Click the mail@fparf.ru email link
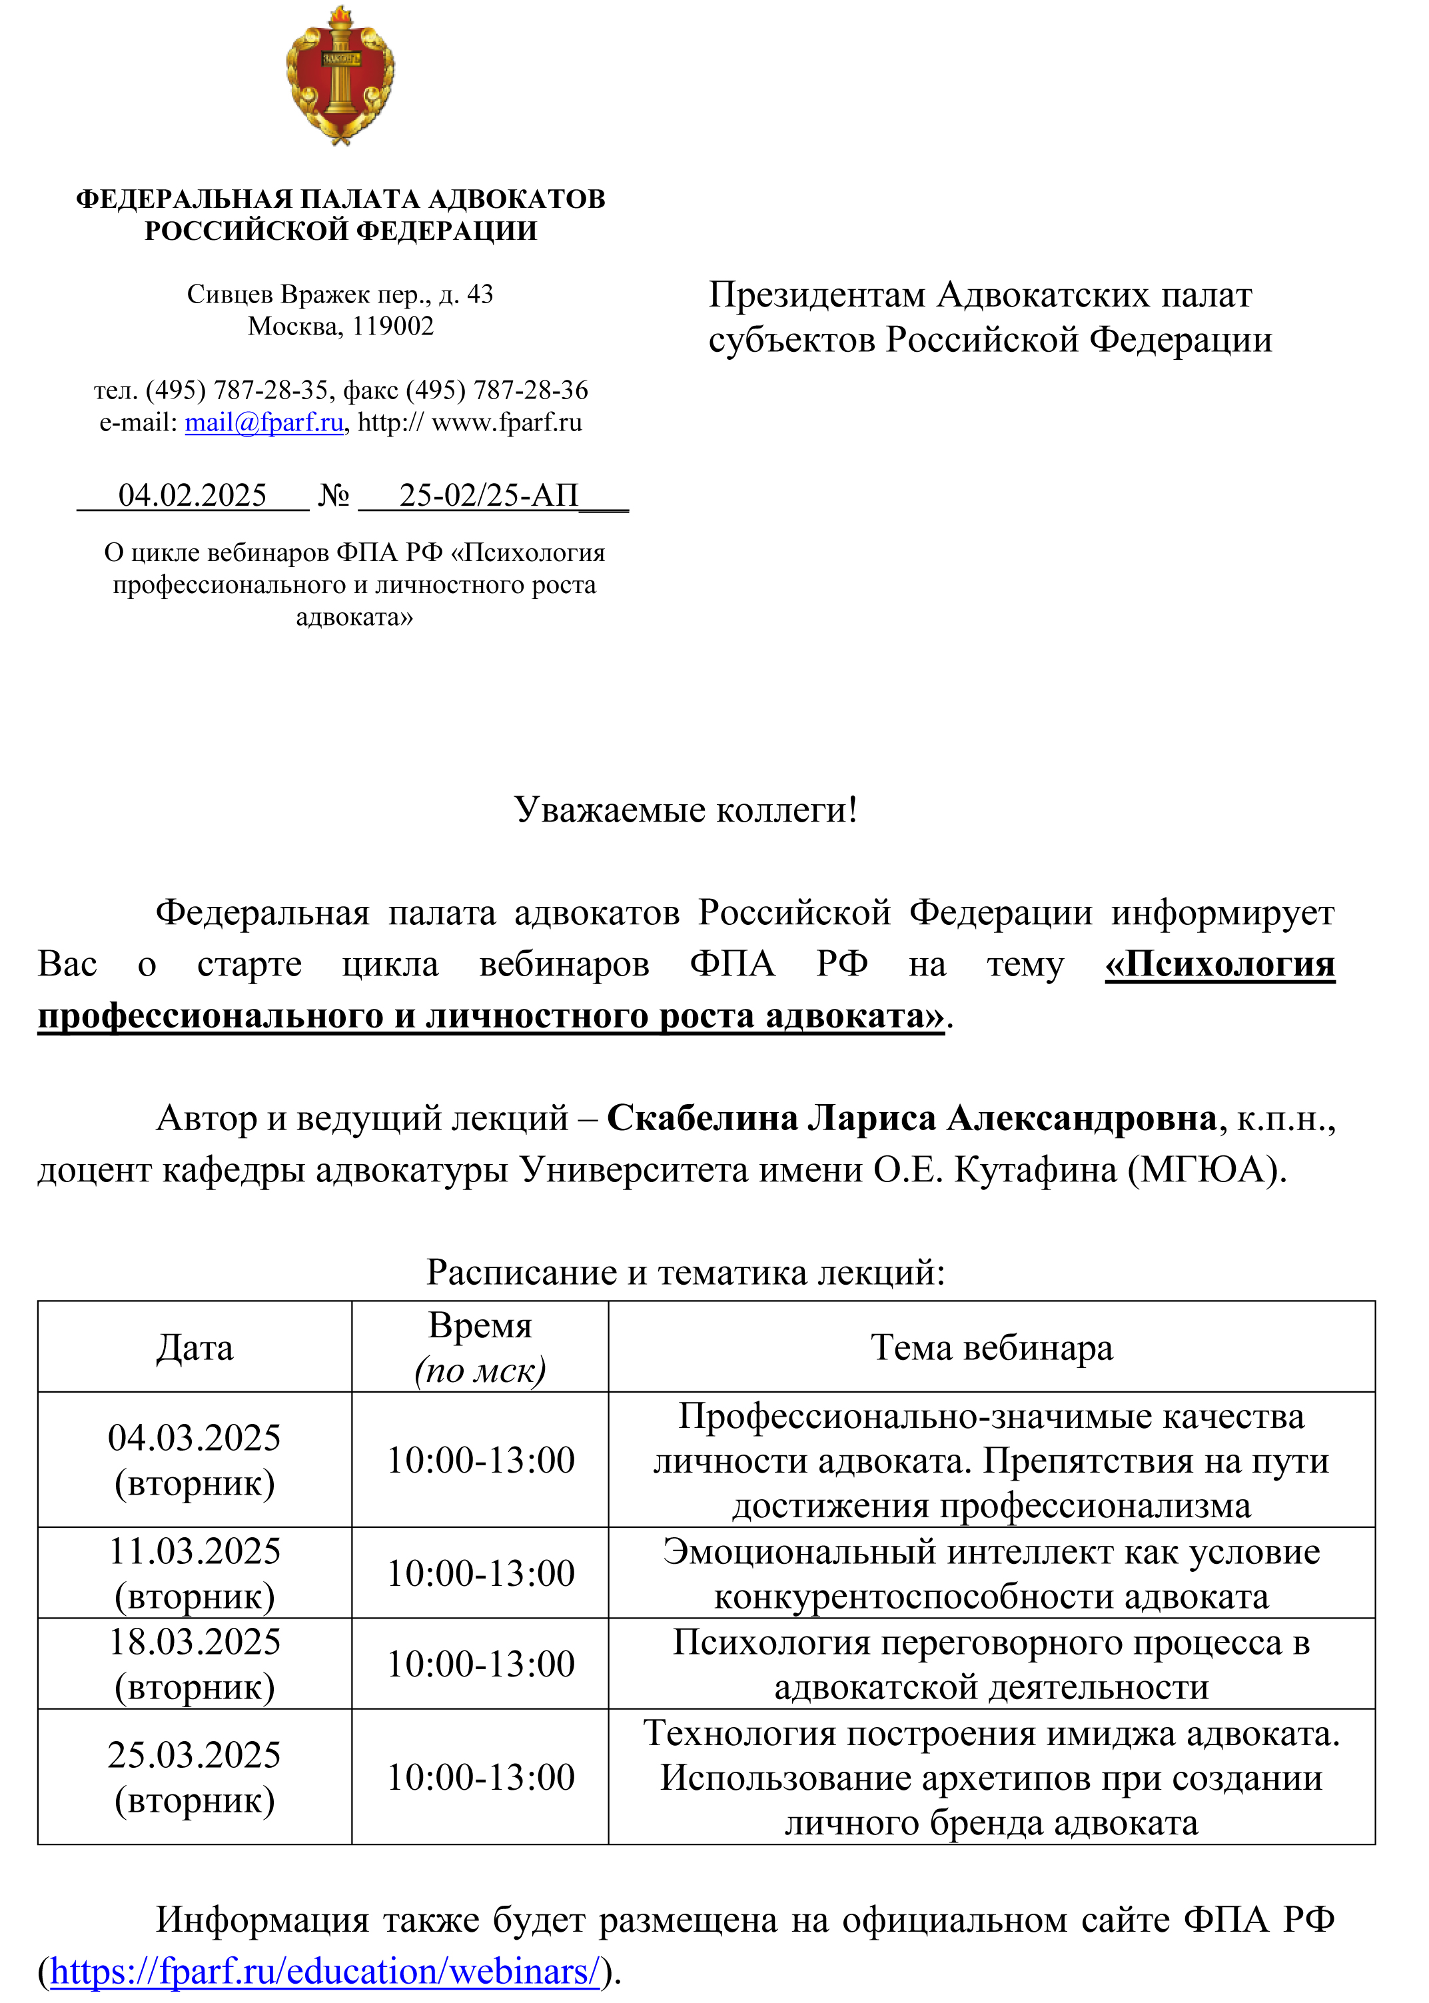click(x=263, y=422)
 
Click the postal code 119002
click(x=392, y=327)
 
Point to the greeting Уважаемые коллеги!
click(x=686, y=810)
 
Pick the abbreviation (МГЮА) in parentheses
click(x=1207, y=1169)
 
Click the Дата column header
click(x=195, y=1348)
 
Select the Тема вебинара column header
click(x=992, y=1348)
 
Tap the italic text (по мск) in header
click(x=480, y=1370)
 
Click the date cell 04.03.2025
click(x=195, y=1438)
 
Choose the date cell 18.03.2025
click(x=195, y=1642)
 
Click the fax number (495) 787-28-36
click(x=496, y=390)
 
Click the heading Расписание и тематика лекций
click(x=686, y=1273)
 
